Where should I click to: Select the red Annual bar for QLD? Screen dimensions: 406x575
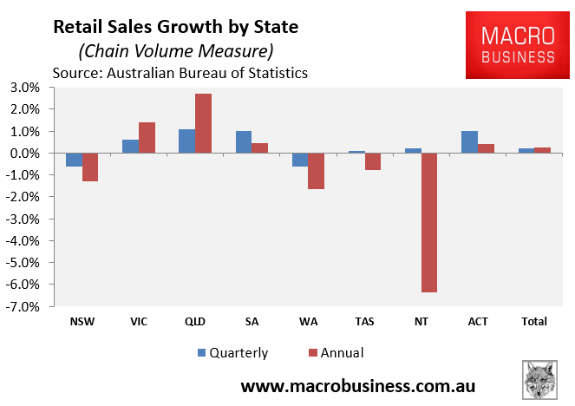click(x=203, y=123)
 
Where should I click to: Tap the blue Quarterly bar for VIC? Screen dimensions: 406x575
click(x=130, y=146)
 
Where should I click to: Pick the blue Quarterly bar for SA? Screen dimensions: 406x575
click(x=243, y=142)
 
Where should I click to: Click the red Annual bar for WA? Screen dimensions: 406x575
click(x=316, y=171)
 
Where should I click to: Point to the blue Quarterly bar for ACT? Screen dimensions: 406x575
click(x=469, y=142)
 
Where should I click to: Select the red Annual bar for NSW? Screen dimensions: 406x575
click(x=90, y=167)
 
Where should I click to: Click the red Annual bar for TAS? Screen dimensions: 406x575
click(x=373, y=161)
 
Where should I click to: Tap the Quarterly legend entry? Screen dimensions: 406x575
click(x=231, y=352)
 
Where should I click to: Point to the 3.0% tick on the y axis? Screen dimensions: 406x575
click(x=25, y=88)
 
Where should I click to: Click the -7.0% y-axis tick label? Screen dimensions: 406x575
click(x=23, y=306)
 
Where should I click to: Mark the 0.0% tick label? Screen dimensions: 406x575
click(x=25, y=154)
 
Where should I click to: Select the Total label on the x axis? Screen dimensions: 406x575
click(x=534, y=322)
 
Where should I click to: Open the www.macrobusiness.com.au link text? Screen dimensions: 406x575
click(x=357, y=384)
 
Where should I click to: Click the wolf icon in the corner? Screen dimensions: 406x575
click(x=539, y=378)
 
